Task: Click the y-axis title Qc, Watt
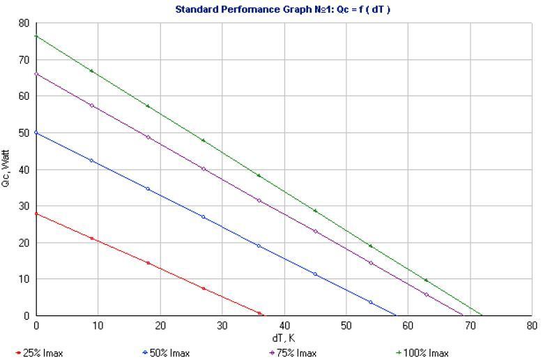coord(6,169)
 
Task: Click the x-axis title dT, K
coord(283,338)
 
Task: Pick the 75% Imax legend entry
coord(293,353)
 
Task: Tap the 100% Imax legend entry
coord(422,353)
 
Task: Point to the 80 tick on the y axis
coord(24,23)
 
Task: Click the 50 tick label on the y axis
coord(24,133)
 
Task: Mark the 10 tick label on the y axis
coord(24,279)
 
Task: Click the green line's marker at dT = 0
coord(36,36)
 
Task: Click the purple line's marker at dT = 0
coord(36,74)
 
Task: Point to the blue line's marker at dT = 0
coord(36,133)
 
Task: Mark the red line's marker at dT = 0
coord(36,213)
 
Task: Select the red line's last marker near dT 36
coord(259,313)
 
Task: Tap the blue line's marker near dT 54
coord(371,302)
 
